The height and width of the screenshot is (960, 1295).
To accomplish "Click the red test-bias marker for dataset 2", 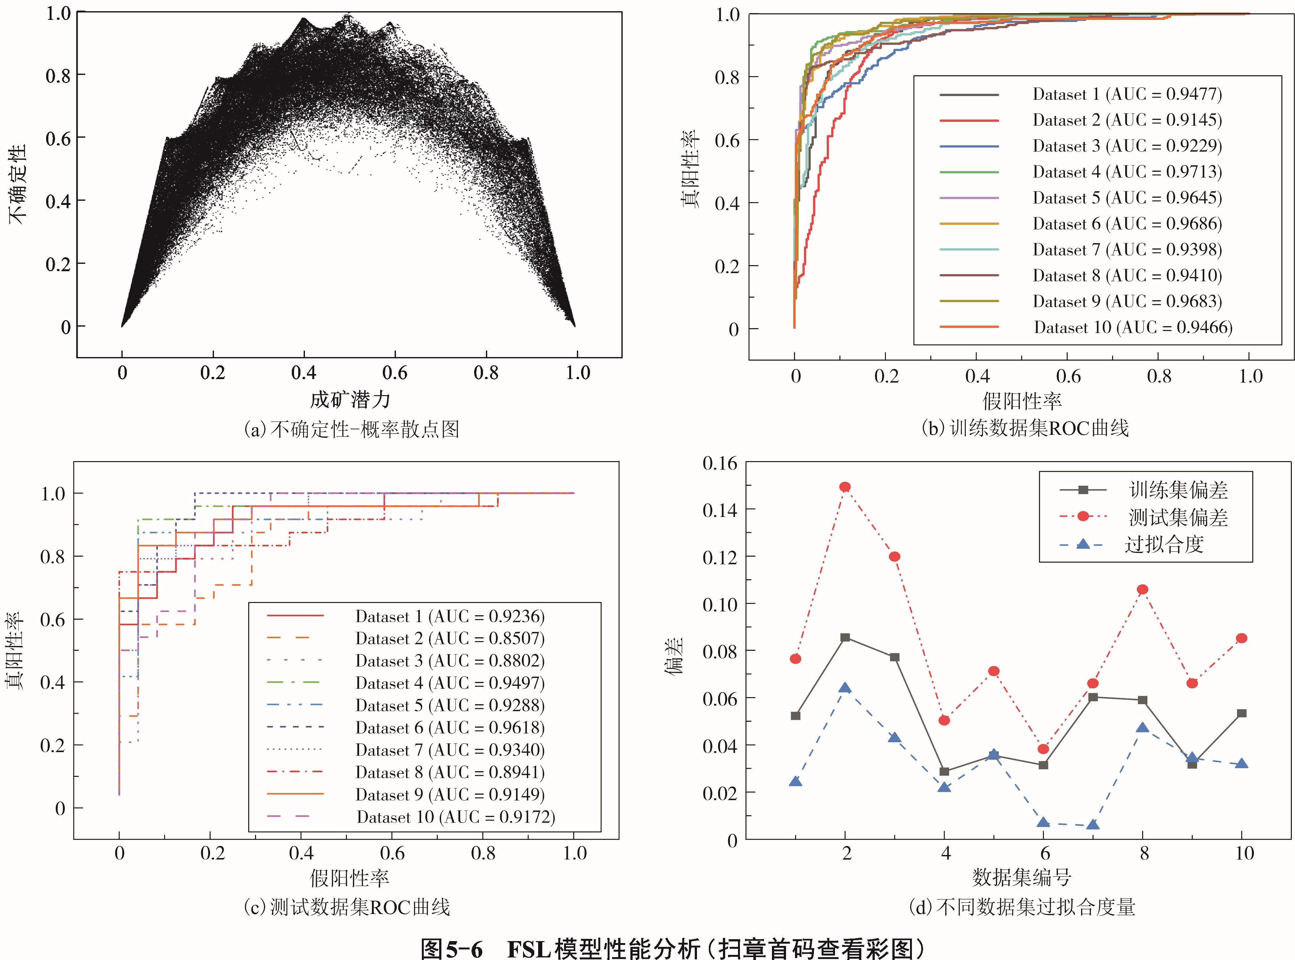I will pos(845,486).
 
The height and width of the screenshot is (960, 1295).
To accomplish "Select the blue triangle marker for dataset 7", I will pos(1093,825).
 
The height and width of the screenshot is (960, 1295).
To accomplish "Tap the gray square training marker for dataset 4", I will pos(945,772).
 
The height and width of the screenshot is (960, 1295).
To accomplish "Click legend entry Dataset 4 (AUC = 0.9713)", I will pos(1127,172).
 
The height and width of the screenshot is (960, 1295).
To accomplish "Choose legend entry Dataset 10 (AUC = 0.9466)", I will pos(1133,327).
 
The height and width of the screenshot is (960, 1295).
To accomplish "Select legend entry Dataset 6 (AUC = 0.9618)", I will pos(450,728).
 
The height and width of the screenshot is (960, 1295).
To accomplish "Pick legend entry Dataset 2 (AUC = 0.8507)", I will pos(450,639).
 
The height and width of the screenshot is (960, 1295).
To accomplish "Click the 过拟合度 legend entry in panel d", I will pos(1163,544).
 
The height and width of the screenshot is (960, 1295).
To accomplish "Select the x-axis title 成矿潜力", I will pos(349,400).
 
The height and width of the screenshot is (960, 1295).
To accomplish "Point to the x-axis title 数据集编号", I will pos(1021,877).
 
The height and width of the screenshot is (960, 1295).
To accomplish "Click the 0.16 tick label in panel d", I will pos(720,463).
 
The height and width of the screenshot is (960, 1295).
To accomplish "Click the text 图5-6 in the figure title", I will pos(451,949).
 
